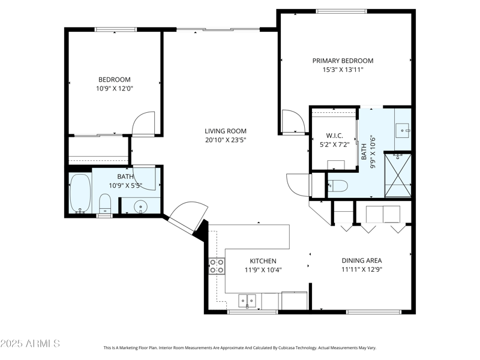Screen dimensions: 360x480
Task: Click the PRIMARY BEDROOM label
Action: (x=343, y=61)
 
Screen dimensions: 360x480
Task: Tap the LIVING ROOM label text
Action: (x=225, y=131)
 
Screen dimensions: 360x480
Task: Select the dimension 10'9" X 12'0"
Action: (x=114, y=88)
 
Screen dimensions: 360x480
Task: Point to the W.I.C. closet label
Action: (x=334, y=135)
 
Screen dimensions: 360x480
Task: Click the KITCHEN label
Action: (x=263, y=261)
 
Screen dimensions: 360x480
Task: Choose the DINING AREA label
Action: (x=362, y=260)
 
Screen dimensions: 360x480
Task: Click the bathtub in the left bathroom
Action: (x=80, y=193)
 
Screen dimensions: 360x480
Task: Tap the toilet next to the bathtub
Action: (x=104, y=203)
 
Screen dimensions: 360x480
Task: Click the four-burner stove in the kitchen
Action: (x=217, y=266)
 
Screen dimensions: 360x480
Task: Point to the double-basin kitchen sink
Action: (x=247, y=300)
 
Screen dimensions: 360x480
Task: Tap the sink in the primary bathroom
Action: (x=403, y=128)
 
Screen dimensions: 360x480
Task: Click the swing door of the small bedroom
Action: (x=145, y=124)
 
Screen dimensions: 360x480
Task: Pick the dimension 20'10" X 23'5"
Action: (x=225, y=140)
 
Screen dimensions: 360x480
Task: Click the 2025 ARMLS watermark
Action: (x=30, y=344)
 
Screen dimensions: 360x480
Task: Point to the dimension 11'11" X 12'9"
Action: (x=362, y=269)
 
